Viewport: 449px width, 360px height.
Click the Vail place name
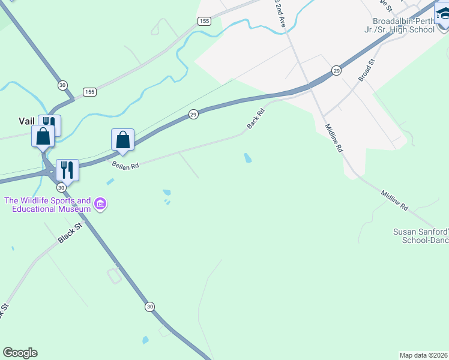[26, 121]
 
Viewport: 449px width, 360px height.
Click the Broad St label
[366, 70]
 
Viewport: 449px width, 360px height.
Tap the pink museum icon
[100, 205]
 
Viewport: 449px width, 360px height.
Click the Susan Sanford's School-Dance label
[420, 235]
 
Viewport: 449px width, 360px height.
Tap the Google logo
[20, 353]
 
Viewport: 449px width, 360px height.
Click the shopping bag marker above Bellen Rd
[122, 140]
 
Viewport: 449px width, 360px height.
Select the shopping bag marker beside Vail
[43, 136]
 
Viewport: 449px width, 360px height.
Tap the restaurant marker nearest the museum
[67, 170]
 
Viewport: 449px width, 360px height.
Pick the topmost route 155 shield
[204, 21]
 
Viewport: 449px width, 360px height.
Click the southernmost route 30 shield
[149, 307]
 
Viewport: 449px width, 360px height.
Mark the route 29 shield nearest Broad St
[337, 71]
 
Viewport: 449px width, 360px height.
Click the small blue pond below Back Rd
[248, 158]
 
